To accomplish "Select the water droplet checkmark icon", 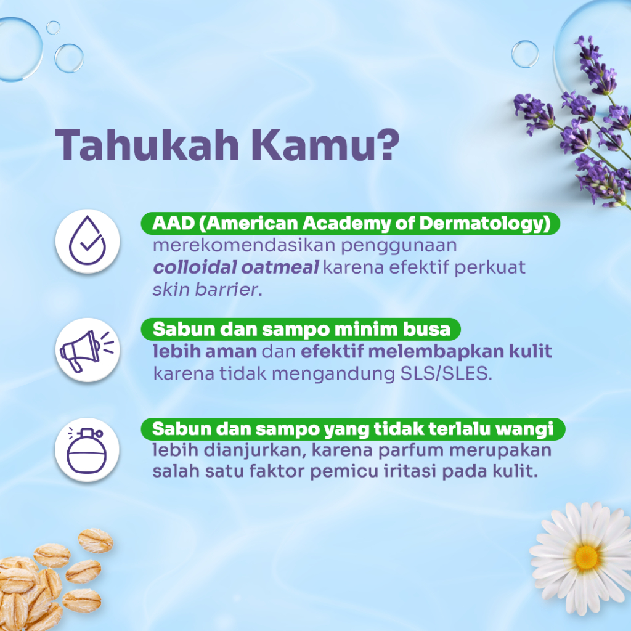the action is click(88, 241).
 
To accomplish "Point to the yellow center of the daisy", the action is click(586, 558).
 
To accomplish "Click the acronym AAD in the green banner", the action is click(173, 223).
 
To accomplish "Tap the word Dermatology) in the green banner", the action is click(484, 224).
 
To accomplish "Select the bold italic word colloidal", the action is click(195, 267).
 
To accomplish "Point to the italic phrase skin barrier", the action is click(205, 290).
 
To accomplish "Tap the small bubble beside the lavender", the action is click(525, 54).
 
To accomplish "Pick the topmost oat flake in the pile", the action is click(96, 540).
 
